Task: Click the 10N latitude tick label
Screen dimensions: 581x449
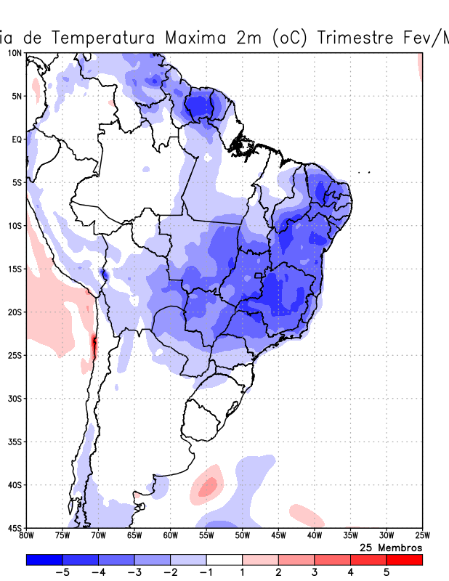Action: pyautogui.click(x=15, y=53)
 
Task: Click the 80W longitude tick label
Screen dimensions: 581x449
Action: pyautogui.click(x=27, y=536)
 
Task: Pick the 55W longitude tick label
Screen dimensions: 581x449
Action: pyautogui.click(x=206, y=536)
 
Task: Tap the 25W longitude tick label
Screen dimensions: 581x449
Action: pyautogui.click(x=421, y=536)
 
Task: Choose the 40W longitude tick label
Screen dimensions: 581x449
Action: pyautogui.click(x=314, y=536)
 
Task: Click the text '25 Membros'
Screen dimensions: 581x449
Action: pyautogui.click(x=391, y=547)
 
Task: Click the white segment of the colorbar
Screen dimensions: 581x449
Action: pyautogui.click(x=224, y=560)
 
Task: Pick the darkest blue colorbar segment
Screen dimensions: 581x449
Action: pyautogui.click(x=44, y=560)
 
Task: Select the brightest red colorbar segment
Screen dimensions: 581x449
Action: pyautogui.click(x=404, y=560)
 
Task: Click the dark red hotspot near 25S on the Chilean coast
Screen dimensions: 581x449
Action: pyautogui.click(x=93, y=346)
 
